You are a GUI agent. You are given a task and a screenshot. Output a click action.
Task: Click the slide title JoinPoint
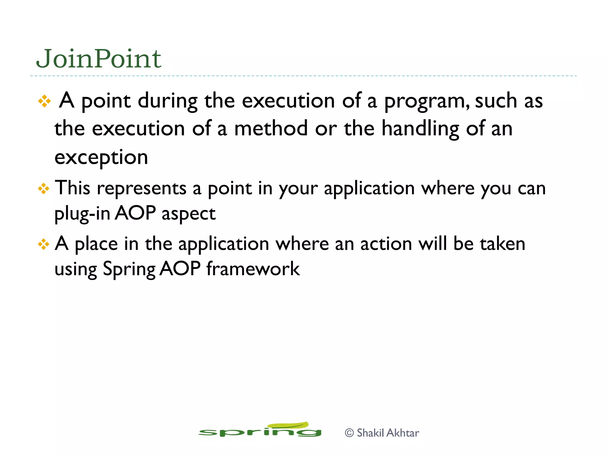pyautogui.click(x=98, y=59)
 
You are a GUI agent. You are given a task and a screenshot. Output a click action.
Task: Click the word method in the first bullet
pyautogui.click(x=271, y=129)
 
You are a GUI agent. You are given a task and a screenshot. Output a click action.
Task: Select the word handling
pyautogui.click(x=420, y=129)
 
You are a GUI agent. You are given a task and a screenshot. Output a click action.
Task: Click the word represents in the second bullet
pyautogui.click(x=142, y=188)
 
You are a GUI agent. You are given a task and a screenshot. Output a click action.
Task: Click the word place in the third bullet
pyautogui.click(x=96, y=244)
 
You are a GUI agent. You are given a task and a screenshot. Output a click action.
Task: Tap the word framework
pyautogui.click(x=253, y=269)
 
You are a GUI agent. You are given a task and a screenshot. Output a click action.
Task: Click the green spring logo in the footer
pyautogui.click(x=260, y=430)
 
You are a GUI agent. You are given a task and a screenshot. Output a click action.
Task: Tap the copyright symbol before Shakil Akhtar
pyautogui.click(x=349, y=433)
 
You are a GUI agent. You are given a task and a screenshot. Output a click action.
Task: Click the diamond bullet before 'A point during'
pyautogui.click(x=44, y=101)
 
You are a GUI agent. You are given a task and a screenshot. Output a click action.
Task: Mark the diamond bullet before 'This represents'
pyautogui.click(x=44, y=189)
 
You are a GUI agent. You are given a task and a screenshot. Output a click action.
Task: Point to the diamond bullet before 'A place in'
pyautogui.click(x=44, y=244)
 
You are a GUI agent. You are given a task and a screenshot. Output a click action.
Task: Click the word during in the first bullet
pyautogui.click(x=167, y=101)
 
